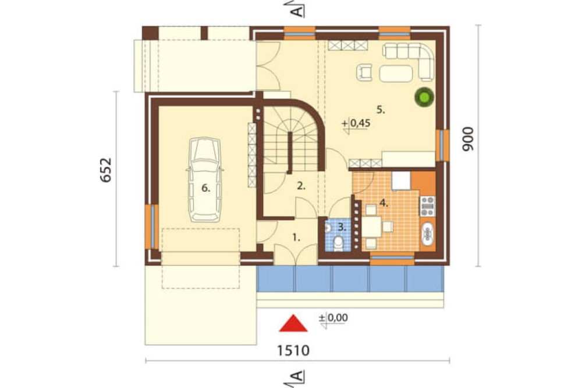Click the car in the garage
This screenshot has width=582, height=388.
(x=205, y=180)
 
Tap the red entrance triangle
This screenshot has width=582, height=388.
(x=293, y=323)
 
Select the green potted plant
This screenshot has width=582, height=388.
(x=424, y=97)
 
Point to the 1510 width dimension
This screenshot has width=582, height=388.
(x=293, y=350)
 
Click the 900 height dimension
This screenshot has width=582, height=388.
(x=468, y=139)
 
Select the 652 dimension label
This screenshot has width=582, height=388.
(x=106, y=170)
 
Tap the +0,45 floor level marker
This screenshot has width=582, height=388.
(x=356, y=124)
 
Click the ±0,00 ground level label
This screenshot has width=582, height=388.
(x=333, y=318)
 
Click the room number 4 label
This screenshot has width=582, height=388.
(x=384, y=203)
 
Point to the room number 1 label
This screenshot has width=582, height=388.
(x=296, y=237)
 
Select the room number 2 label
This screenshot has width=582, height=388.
(x=301, y=186)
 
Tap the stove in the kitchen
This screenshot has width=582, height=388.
(x=427, y=206)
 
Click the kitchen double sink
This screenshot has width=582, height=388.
(x=428, y=234)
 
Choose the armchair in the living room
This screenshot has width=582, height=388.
(x=364, y=72)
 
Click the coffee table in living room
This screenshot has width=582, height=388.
(x=396, y=73)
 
